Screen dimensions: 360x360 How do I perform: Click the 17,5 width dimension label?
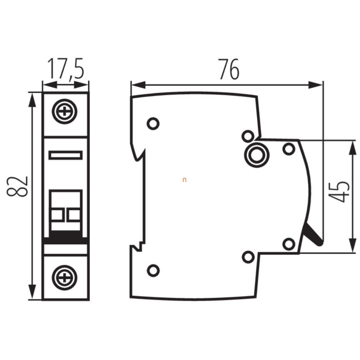point(66,69)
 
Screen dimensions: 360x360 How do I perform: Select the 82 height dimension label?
point(17,186)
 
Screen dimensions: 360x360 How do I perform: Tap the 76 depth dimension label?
point(229,69)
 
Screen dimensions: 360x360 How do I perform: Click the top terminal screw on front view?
point(65,112)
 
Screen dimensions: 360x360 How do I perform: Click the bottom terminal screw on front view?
point(65,278)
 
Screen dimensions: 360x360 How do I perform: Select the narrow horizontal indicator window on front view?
point(66,155)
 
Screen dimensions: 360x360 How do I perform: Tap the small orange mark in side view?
point(184,180)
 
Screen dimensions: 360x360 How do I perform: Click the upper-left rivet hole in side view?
point(153,124)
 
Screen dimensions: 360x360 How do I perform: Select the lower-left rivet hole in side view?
point(153,271)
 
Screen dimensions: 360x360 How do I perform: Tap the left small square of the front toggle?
point(57,215)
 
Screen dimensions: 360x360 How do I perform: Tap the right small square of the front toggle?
point(74,215)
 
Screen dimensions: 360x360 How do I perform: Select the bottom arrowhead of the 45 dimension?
point(353,246)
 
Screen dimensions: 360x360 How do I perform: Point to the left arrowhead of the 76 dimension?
point(138,85)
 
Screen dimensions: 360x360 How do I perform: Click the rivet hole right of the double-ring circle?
point(289,149)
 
